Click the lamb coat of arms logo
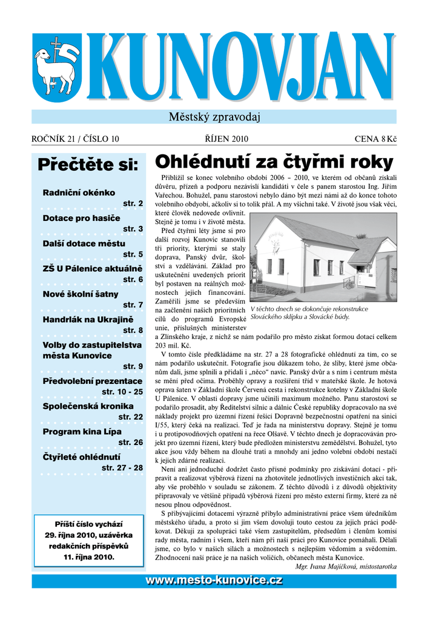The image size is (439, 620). point(56,68)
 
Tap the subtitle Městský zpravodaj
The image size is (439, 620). point(214,117)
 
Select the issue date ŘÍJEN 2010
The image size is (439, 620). point(222,139)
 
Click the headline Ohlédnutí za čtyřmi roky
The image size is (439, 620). point(274,162)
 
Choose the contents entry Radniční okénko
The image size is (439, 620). point(79,193)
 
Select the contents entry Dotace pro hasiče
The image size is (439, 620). point(81,218)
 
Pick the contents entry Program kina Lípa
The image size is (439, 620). point(82,431)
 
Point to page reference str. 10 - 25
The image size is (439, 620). point(122,392)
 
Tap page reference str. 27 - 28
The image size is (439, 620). point(122,467)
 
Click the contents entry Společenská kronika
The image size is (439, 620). point(88,406)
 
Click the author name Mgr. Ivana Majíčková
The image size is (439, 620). point(346,566)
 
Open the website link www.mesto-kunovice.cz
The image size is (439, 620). point(214,581)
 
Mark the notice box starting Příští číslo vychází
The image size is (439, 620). point(89,539)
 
